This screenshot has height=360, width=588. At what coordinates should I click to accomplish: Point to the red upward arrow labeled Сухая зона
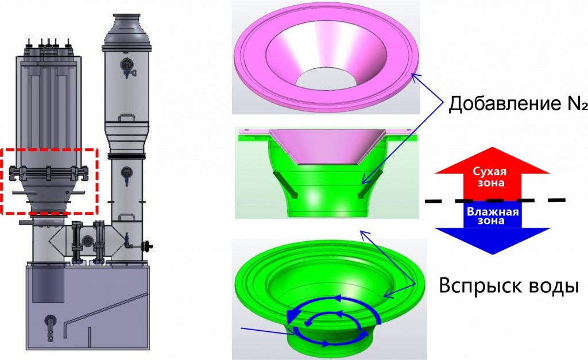492,173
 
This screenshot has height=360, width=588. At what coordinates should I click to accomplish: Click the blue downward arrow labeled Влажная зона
492,227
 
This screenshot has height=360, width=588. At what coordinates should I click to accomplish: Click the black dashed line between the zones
494,200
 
